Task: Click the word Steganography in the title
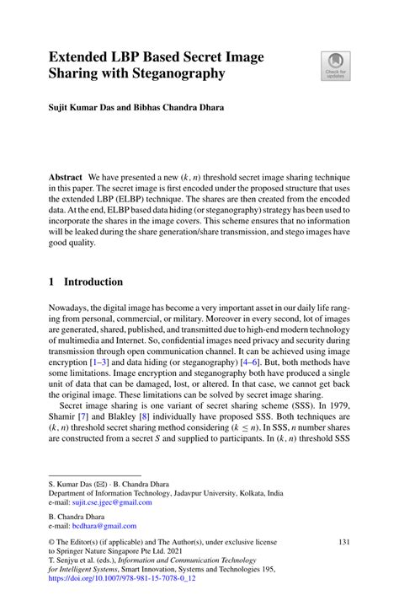[173, 75]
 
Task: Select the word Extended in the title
[81, 57]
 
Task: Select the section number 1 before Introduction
[51, 282]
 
